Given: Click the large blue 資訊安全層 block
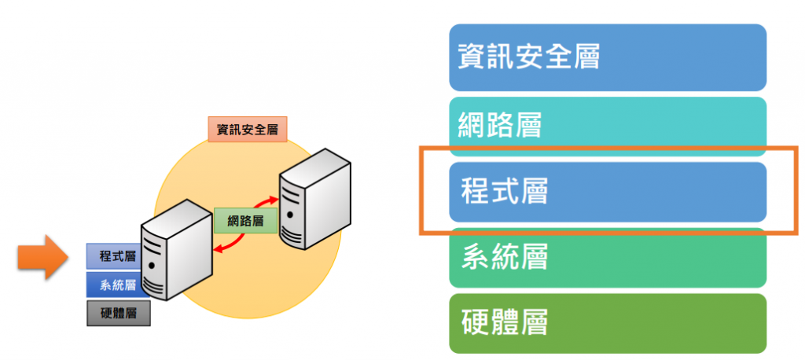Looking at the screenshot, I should [608, 57].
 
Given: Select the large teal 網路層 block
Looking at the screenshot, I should [608, 123].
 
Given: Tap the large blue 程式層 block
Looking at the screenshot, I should [608, 192].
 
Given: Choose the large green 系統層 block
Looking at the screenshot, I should [608, 258].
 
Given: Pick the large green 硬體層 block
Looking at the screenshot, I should [608, 323].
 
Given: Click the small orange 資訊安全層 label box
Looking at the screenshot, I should [247, 129].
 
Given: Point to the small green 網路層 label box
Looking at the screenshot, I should [245, 220].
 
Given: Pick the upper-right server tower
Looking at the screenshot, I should [314, 197].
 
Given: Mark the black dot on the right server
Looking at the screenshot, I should [290, 214].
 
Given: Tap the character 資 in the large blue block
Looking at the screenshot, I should [471, 57].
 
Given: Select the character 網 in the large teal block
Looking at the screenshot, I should [472, 123].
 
